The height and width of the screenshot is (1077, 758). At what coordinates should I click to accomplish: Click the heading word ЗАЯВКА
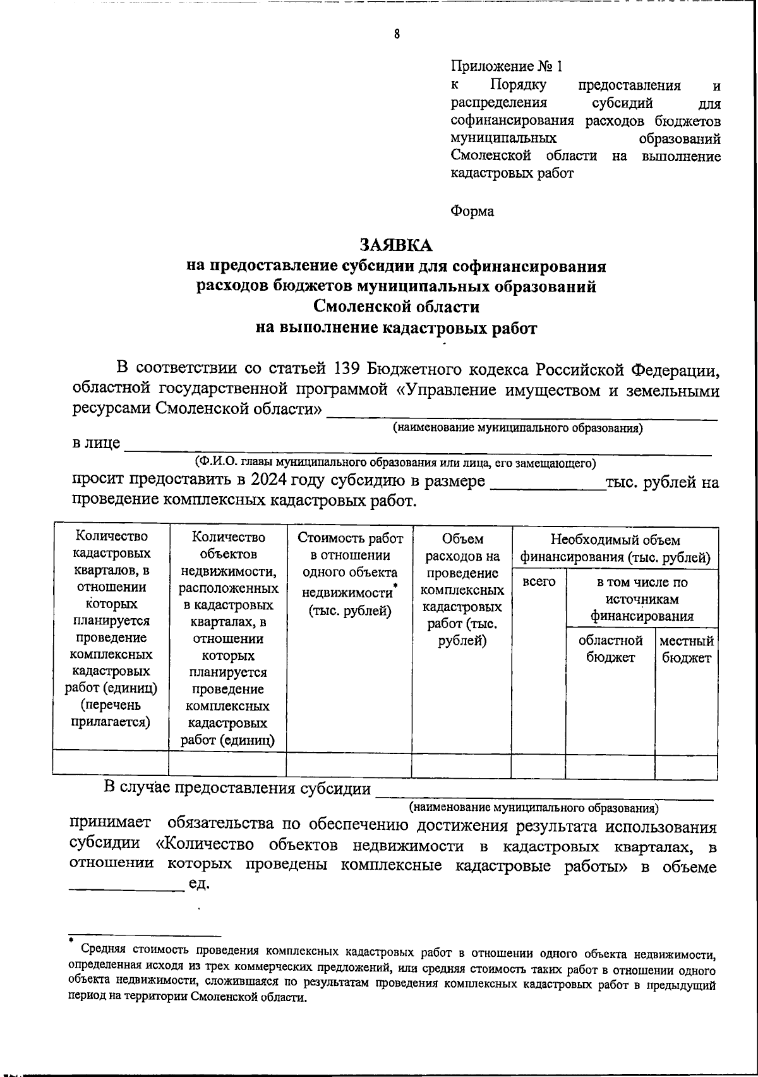396,245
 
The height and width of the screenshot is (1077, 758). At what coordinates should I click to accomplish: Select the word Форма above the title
472,211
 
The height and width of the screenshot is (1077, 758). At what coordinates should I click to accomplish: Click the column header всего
539,581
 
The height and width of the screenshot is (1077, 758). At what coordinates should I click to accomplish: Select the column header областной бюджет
610,649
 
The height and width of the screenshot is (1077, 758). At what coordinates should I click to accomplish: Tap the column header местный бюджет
686,649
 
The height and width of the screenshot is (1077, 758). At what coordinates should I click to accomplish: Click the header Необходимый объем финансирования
615,549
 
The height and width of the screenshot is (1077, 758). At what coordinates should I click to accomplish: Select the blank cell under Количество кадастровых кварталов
111,763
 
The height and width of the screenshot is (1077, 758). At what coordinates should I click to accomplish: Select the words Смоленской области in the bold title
396,307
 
